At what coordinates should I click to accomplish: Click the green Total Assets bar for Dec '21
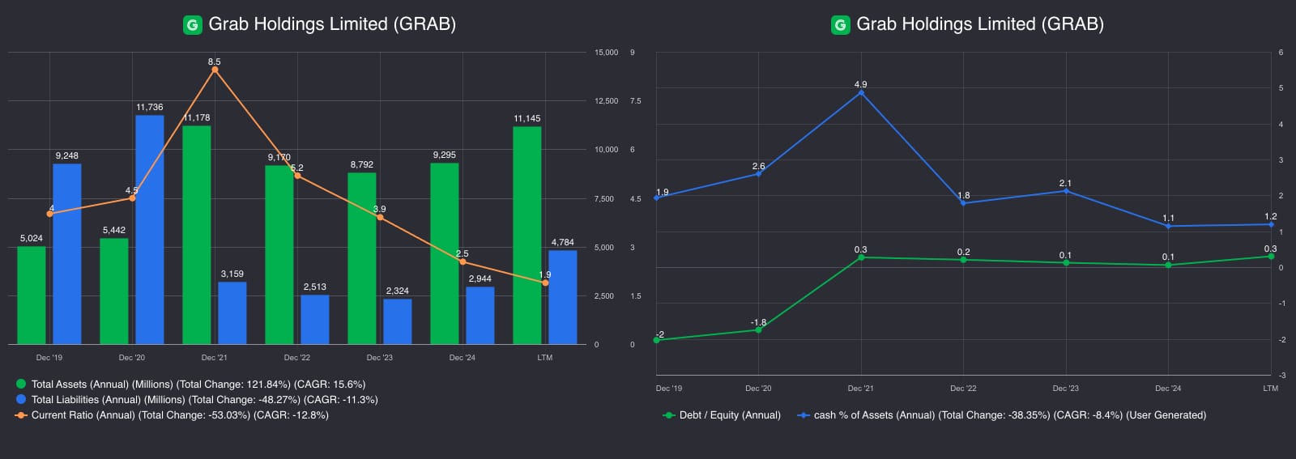[x=196, y=235]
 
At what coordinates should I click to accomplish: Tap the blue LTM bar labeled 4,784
[x=562, y=297]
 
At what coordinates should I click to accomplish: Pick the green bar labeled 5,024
[x=32, y=295]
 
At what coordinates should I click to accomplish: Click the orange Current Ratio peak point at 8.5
[x=215, y=70]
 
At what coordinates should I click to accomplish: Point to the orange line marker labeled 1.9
[x=544, y=283]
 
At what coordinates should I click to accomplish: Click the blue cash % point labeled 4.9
[x=860, y=93]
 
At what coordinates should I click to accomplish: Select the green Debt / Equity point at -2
[x=656, y=340]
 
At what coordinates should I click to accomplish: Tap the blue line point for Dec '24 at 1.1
[x=1168, y=226]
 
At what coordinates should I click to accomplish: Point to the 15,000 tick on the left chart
[x=606, y=53]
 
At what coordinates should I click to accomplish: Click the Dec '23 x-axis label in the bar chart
[x=379, y=358]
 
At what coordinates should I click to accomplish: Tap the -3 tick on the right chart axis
[x=1281, y=376]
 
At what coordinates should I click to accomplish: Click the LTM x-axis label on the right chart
[x=1270, y=389]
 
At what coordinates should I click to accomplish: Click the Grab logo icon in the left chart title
[x=192, y=25]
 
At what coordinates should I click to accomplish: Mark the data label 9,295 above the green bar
[x=444, y=155]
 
